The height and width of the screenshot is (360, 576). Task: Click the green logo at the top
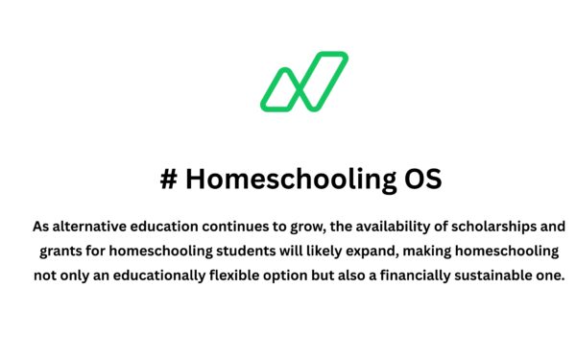[303, 81]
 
